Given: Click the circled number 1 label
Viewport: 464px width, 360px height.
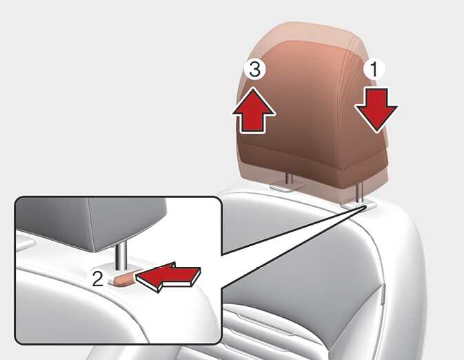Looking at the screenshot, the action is pyautogui.click(x=374, y=70).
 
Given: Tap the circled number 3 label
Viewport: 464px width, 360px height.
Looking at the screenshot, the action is pyautogui.click(x=255, y=70).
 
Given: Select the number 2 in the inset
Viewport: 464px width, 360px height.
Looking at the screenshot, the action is pyautogui.click(x=98, y=279).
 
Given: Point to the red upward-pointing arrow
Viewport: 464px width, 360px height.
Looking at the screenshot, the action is pyautogui.click(x=254, y=110).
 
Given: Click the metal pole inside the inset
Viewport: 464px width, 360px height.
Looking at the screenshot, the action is pyautogui.click(x=121, y=255).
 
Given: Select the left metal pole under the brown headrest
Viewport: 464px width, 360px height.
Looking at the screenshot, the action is pyautogui.click(x=289, y=179).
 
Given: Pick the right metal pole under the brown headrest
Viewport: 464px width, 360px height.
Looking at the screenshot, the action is pyautogui.click(x=361, y=192).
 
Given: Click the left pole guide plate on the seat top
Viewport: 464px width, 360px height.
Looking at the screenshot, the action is pyautogui.click(x=288, y=186).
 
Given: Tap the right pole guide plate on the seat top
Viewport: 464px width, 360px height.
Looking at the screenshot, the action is pyautogui.click(x=359, y=206).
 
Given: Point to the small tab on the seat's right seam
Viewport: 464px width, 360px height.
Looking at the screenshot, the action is pyautogui.click(x=382, y=294).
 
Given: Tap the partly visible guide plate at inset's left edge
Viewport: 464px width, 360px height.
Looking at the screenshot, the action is pyautogui.click(x=26, y=239).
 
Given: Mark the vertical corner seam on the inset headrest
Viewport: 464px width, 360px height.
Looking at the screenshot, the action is pyautogui.click(x=90, y=225).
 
